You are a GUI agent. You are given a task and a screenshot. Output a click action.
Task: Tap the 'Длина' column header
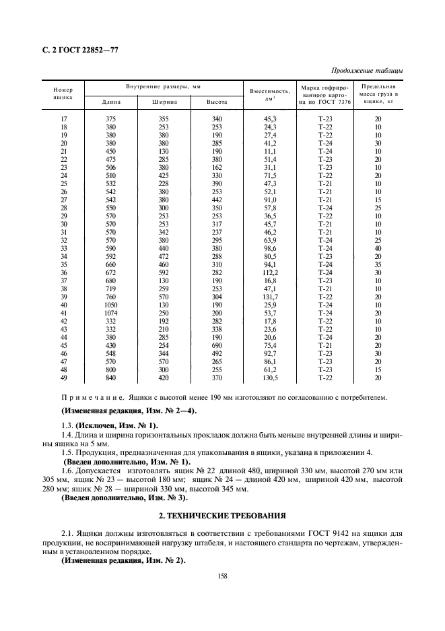point(111,102)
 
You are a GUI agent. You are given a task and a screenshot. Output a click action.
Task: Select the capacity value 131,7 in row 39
point(270,297)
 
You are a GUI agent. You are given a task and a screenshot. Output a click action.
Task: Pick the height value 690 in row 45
point(216,345)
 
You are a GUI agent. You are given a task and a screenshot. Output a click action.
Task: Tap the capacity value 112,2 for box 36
point(270,273)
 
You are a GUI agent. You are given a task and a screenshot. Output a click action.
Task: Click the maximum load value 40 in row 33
point(378,249)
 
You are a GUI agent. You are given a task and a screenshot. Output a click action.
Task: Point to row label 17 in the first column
point(63,119)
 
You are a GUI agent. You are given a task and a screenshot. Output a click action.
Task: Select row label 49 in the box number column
point(63,378)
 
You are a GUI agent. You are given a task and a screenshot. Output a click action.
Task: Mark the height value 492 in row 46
point(216,353)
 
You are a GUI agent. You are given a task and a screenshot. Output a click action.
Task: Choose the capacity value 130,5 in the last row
point(270,378)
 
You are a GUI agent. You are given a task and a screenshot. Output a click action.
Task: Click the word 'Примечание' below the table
point(90,398)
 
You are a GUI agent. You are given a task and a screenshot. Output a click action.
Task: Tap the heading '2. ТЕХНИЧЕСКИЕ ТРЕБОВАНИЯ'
point(221,516)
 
